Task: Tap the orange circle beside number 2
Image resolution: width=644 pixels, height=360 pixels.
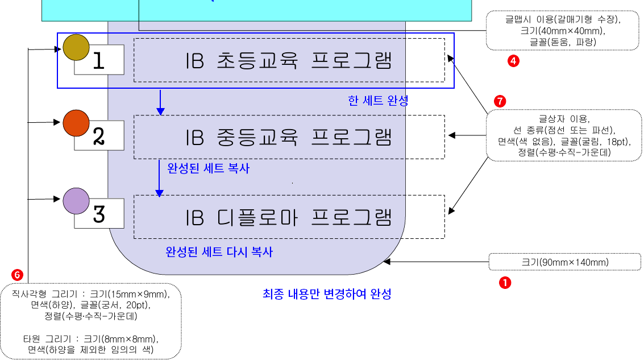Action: tap(76, 122)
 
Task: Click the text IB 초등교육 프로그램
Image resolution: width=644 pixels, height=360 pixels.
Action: tap(289, 61)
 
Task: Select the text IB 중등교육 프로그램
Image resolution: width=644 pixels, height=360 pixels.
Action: tap(289, 137)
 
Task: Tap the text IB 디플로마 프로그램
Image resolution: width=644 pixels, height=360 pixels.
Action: tap(289, 217)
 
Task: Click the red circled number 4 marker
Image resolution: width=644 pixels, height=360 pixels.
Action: tap(513, 61)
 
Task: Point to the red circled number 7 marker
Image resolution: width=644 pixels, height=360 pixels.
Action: tap(500, 101)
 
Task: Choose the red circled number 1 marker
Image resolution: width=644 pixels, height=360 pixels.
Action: tap(504, 281)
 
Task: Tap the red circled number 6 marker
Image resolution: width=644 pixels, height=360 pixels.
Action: tap(18, 275)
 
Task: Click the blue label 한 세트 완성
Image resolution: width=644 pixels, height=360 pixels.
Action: tap(378, 101)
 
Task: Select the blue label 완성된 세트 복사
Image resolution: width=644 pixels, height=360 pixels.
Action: tap(208, 168)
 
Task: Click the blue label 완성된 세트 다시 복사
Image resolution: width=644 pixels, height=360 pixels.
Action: tap(219, 251)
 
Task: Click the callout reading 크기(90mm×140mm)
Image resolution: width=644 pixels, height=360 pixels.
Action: tap(564, 262)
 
